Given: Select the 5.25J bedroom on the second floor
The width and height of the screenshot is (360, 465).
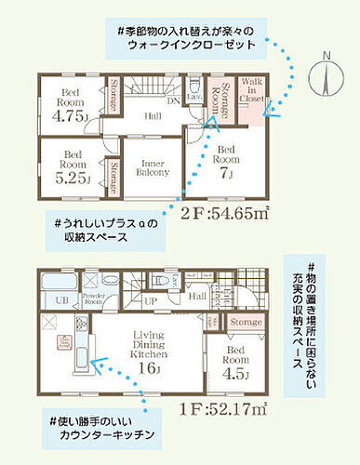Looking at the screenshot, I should point(73,164).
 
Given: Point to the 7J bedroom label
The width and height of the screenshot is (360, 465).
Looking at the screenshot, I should point(225,161).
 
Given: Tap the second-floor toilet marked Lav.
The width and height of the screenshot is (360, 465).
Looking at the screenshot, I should point(193,95).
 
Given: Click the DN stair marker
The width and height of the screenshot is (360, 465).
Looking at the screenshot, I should point(172,100).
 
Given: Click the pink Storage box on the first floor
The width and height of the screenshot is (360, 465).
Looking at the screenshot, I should point(246,321).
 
